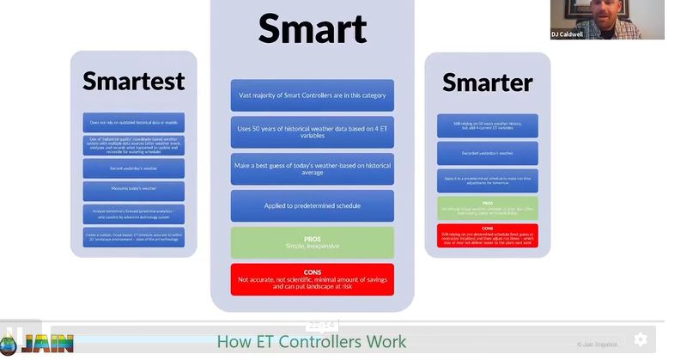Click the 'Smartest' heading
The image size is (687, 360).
[133, 81]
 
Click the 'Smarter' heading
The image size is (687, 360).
[487, 82]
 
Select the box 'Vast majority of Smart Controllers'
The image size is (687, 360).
[312, 95]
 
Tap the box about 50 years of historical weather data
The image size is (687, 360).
[312, 132]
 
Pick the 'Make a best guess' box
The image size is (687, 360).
[312, 168]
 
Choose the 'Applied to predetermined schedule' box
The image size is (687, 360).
[312, 206]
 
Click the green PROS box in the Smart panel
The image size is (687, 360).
[312, 242]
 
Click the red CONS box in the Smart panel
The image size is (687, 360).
[312, 279]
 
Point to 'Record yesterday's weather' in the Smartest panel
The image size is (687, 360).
[133, 168]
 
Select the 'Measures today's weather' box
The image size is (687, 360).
[133, 191]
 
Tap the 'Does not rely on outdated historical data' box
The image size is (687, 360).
[133, 122]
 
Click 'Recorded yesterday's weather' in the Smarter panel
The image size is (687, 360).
[487, 154]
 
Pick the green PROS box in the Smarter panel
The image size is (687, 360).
[487, 208]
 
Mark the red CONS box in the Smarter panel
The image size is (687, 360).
[487, 235]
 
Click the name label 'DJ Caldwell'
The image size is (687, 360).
[568, 34]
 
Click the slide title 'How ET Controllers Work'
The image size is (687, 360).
[311, 342]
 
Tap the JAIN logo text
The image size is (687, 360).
[47, 344]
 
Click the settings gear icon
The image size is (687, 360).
[641, 339]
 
